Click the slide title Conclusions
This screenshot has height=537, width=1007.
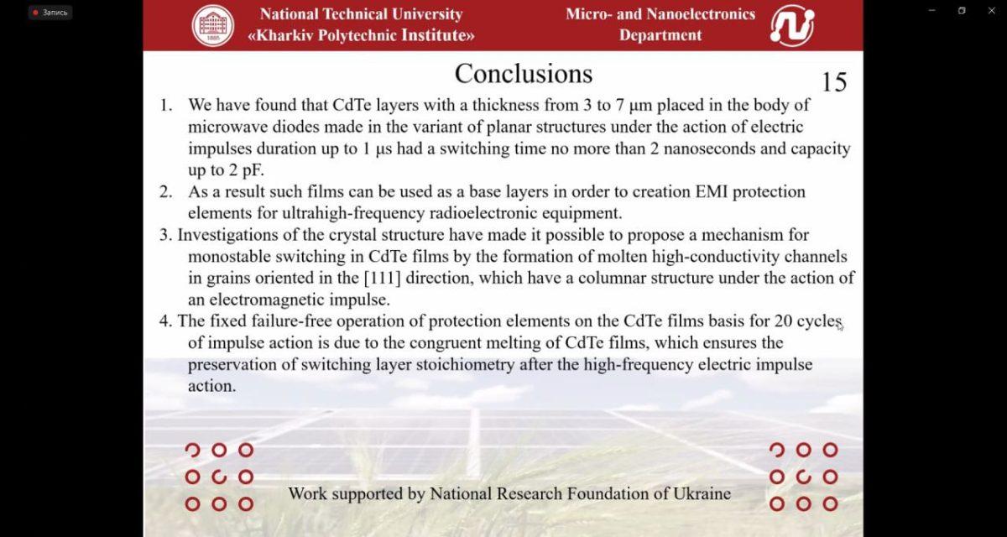[524, 73]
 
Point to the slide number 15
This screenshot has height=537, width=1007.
[834, 81]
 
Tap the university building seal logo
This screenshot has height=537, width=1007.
[213, 26]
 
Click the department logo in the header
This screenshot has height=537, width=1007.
[792, 26]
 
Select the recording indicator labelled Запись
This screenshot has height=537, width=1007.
[50, 13]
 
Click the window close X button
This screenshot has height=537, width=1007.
[991, 10]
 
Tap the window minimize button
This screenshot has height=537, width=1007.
[932, 10]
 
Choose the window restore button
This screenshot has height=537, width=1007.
[962, 10]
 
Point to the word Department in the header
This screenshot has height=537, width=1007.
[660, 35]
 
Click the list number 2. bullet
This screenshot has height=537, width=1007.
[165, 192]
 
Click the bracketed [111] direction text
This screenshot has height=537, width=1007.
[382, 278]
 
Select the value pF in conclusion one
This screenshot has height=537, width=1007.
[253, 170]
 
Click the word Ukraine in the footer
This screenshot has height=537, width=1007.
[702, 494]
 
